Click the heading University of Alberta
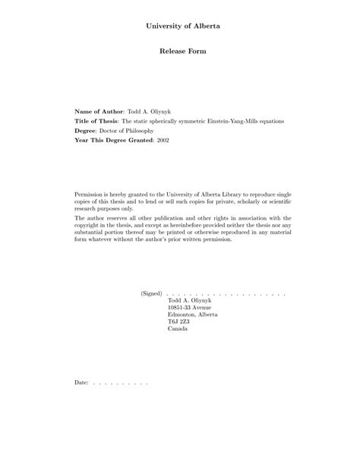[180, 26]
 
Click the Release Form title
[180, 52]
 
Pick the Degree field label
[87, 131]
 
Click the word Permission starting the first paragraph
[91, 195]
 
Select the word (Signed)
[151, 293]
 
